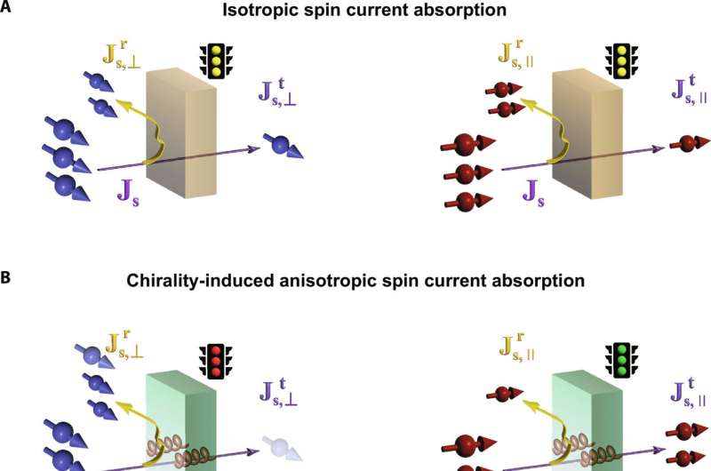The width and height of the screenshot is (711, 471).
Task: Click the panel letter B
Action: (6, 278)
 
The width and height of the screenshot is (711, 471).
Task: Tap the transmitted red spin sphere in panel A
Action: (684, 143)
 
